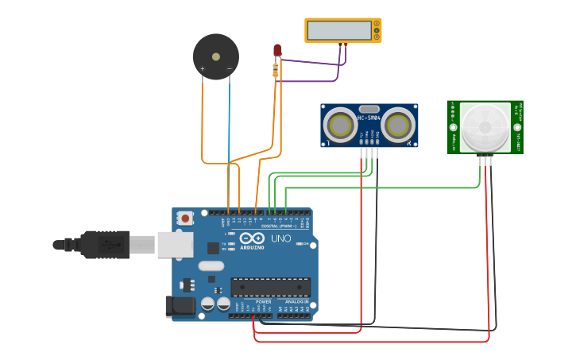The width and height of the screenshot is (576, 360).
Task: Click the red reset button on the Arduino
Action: click(x=185, y=217)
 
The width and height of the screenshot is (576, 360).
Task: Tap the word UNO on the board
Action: click(x=281, y=238)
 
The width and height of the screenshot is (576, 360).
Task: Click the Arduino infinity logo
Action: click(x=252, y=238)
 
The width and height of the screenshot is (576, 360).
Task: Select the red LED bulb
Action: click(x=277, y=50)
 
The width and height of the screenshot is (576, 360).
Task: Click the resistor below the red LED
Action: click(x=276, y=72)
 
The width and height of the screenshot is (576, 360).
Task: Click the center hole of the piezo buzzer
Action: click(x=216, y=56)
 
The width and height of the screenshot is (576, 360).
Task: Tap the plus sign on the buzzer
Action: click(x=203, y=69)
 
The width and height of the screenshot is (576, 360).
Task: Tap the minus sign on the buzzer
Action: click(x=230, y=69)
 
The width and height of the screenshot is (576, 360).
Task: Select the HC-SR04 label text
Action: click(x=369, y=118)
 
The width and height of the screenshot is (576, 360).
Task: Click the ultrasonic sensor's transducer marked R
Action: click(x=398, y=126)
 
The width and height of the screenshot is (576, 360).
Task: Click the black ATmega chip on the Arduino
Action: click(x=271, y=287)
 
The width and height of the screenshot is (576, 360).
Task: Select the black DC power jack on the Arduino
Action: click(x=180, y=307)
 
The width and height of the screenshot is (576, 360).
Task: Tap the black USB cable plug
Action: click(x=104, y=245)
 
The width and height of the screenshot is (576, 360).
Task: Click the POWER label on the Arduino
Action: click(x=264, y=302)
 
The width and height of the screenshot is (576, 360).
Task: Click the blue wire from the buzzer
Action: click(x=230, y=119)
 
